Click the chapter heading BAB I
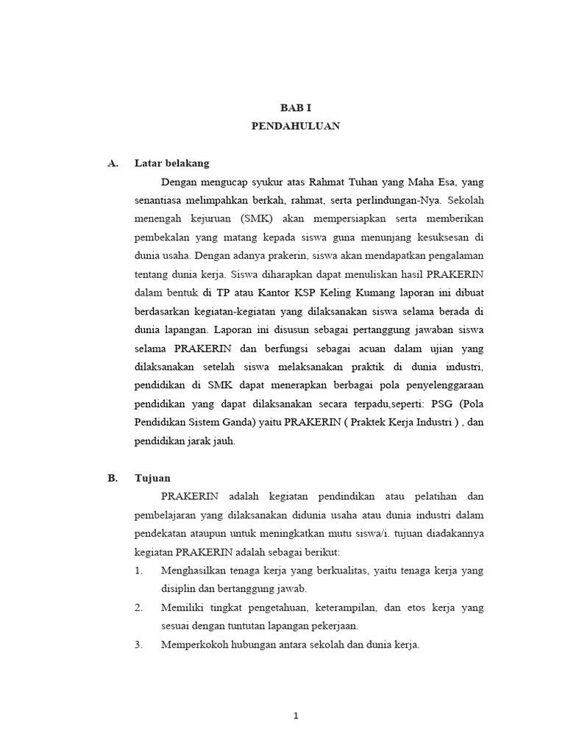(x=296, y=107)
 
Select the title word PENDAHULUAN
(x=296, y=126)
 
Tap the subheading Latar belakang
(x=172, y=163)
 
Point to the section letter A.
(x=113, y=163)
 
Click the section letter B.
(x=113, y=478)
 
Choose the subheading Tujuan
(x=153, y=478)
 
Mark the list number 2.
(x=138, y=607)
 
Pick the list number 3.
(x=138, y=645)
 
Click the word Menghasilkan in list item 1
(x=196, y=571)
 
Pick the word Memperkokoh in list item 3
(x=194, y=645)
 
